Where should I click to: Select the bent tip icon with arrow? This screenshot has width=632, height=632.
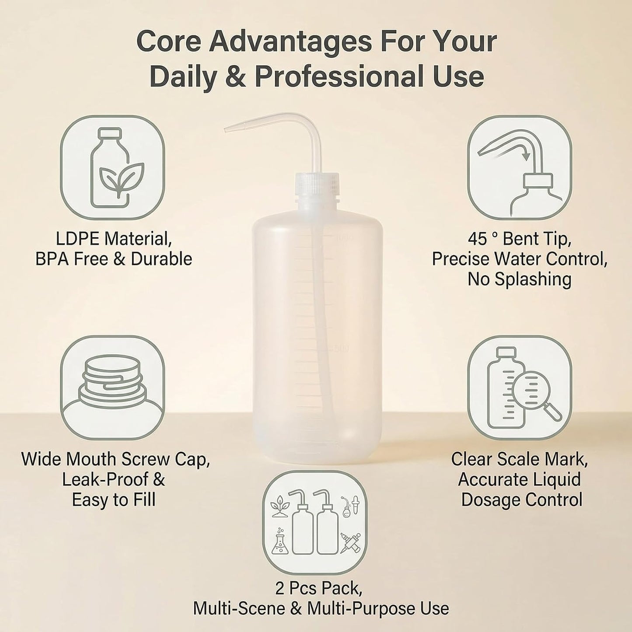point(520,167)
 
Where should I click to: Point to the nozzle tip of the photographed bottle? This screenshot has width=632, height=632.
point(226,131)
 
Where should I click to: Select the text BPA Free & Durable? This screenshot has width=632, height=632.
point(113,259)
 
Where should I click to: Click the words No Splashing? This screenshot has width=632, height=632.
point(520,279)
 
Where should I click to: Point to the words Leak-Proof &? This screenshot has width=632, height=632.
point(113,480)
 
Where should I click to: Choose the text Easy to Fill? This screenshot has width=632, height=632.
point(113,500)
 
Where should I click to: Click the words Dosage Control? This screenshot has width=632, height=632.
point(522,500)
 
